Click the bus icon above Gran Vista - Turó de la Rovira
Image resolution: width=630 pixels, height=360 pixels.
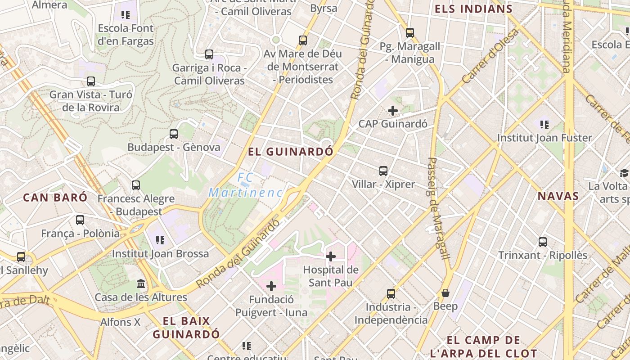pos(91,81)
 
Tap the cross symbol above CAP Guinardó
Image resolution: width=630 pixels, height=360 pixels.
pos(393,110)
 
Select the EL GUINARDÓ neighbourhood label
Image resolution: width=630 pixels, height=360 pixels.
pos(291,152)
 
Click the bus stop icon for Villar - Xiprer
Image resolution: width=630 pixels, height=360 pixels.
pos(383,171)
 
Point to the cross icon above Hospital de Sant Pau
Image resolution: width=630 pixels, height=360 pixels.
pos(331,256)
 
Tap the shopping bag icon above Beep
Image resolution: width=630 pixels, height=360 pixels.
pos(445,293)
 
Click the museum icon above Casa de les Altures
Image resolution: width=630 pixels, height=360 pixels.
pos(141,284)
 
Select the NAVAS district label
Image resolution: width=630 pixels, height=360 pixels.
pos(558,196)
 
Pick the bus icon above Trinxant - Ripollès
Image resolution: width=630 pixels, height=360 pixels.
pos(543,242)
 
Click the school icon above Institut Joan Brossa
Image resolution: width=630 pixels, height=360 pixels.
pos(160,240)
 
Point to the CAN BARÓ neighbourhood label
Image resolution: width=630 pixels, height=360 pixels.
pos(55,197)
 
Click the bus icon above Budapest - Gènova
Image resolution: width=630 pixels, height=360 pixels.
pos(174,134)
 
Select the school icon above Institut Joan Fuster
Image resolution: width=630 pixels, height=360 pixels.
pos(544,124)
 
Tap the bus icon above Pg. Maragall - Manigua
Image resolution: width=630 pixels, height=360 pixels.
pos(409,33)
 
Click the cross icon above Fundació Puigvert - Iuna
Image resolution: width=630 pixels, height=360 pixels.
pos(271,286)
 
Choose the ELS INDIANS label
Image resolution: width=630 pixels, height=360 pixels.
pos(473,9)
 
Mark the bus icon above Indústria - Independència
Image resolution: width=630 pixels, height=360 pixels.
pos(391,294)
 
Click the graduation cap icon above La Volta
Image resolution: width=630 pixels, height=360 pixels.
pos(624,173)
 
